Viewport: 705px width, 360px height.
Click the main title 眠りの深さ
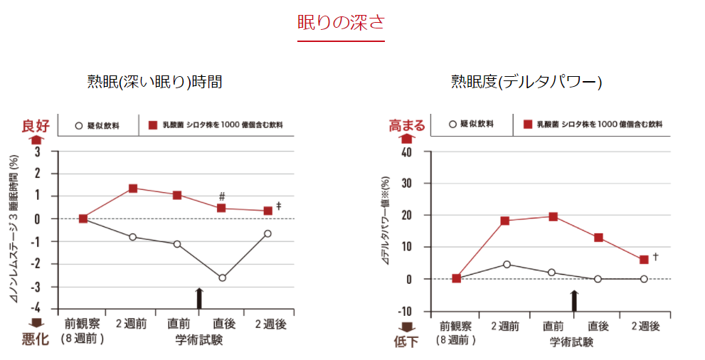click(x=341, y=22)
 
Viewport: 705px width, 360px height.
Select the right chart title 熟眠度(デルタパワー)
click(x=526, y=82)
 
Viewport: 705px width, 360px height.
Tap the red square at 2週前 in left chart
click(x=133, y=189)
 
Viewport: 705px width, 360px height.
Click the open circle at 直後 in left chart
click(x=222, y=277)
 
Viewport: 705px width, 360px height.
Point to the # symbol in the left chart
click(x=222, y=196)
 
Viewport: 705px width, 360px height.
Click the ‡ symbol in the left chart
click(x=279, y=206)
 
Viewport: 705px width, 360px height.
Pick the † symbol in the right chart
click(x=654, y=256)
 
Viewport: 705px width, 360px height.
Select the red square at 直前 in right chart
click(x=552, y=216)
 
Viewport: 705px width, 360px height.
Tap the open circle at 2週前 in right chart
click(x=507, y=265)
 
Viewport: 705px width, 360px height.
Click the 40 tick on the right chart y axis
click(x=406, y=152)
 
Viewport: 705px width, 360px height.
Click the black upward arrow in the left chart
click(x=199, y=298)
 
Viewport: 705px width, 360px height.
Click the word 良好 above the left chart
click(x=36, y=126)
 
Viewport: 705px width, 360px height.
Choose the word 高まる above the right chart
click(x=406, y=126)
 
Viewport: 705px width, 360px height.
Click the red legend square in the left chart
click(x=152, y=125)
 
